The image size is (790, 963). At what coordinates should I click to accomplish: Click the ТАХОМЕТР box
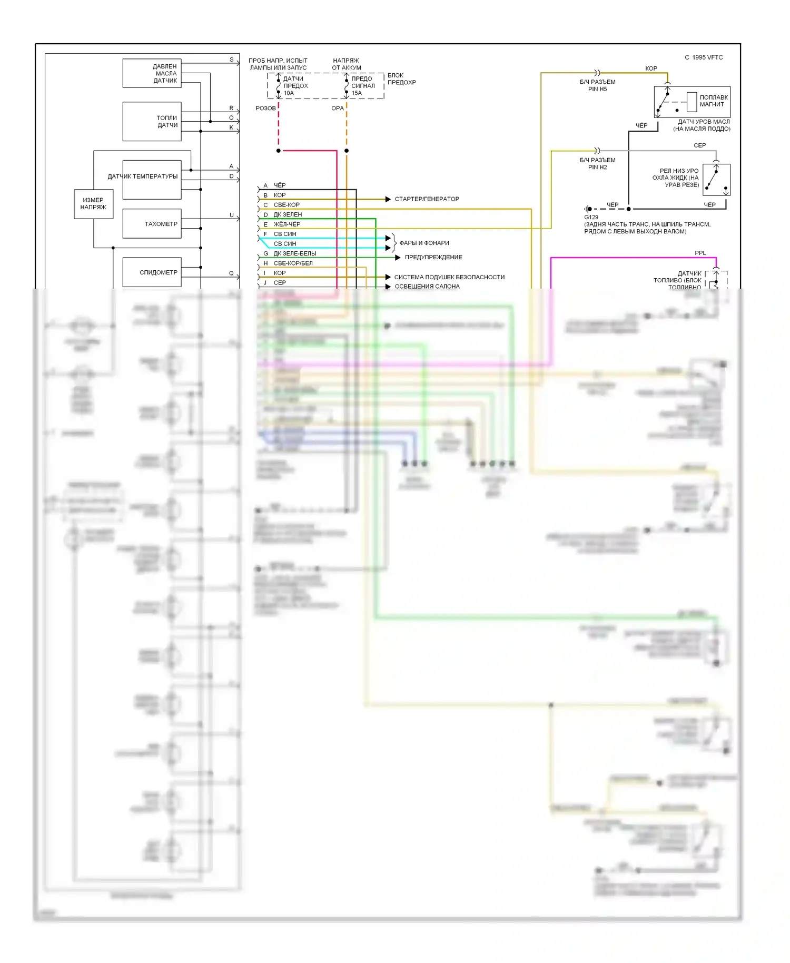point(152,224)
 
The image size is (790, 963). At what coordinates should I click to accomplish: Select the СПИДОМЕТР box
point(152,272)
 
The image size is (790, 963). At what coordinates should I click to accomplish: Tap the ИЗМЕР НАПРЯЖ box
point(93,204)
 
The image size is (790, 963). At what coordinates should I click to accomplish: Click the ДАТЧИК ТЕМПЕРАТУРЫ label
point(143,176)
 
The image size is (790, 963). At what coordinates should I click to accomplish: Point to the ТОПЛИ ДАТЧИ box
point(152,122)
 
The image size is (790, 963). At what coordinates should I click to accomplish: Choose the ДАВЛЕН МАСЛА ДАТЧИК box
point(152,73)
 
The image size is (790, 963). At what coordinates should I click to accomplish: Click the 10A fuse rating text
point(289,93)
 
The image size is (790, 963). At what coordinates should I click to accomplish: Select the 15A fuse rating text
point(357,93)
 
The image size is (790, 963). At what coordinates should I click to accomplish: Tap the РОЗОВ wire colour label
point(265,109)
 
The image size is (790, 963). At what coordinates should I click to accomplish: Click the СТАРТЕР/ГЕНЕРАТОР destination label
point(427,199)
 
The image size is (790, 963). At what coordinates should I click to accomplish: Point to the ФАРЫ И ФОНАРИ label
point(424,243)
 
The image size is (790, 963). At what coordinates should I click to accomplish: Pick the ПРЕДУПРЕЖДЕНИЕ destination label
point(433,257)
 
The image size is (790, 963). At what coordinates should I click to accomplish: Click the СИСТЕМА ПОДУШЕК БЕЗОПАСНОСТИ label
point(449,277)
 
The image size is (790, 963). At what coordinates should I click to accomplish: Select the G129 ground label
point(591,217)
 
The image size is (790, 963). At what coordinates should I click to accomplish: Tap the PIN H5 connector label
point(597,89)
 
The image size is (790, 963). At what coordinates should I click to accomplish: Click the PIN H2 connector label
point(597,167)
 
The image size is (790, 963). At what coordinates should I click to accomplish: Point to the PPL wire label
point(700,253)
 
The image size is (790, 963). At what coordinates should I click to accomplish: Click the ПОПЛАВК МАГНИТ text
point(714,101)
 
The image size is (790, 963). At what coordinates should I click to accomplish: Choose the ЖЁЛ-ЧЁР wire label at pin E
point(287,224)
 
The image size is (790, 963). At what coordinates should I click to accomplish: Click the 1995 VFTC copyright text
point(704,57)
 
